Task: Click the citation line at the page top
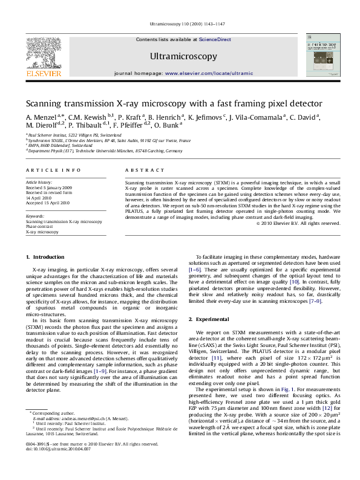click(x=180, y=24)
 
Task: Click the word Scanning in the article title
click(x=45, y=103)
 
